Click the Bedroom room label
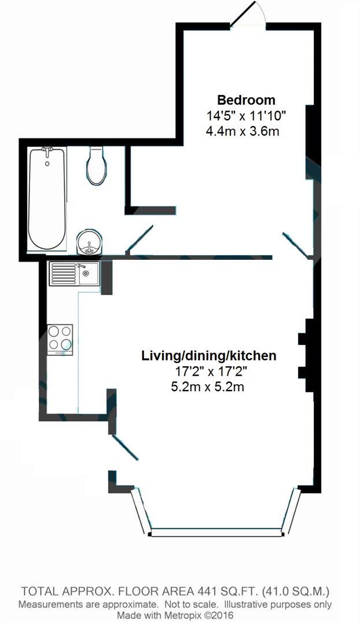point(246,99)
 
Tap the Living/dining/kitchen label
point(209,355)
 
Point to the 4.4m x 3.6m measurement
point(243,131)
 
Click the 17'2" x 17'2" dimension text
point(208,371)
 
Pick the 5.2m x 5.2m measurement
point(207,387)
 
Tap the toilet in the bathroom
point(96,164)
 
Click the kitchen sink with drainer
point(74,273)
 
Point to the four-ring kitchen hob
point(60,338)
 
